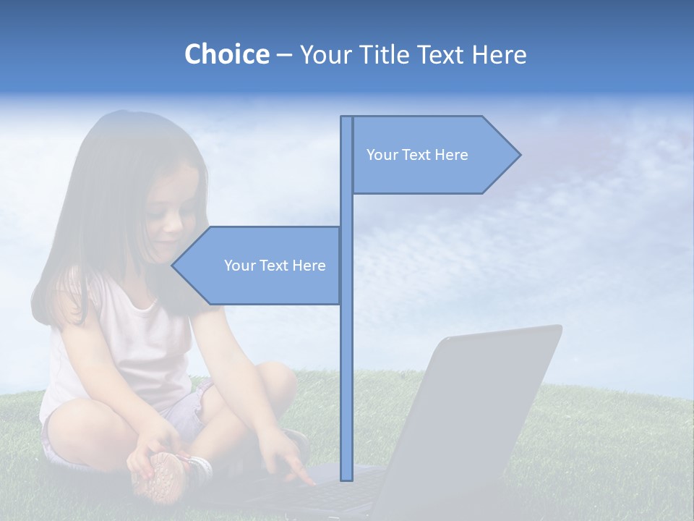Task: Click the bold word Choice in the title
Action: pyautogui.click(x=226, y=54)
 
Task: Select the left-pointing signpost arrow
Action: pyautogui.click(x=260, y=266)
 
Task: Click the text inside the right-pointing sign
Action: pyautogui.click(x=417, y=155)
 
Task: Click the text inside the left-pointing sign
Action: pyautogui.click(x=275, y=266)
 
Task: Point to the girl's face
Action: pyautogui.click(x=171, y=213)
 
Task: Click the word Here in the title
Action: pyautogui.click(x=499, y=54)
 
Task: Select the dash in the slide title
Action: pyautogui.click(x=284, y=55)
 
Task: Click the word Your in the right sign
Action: pyautogui.click(x=382, y=155)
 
